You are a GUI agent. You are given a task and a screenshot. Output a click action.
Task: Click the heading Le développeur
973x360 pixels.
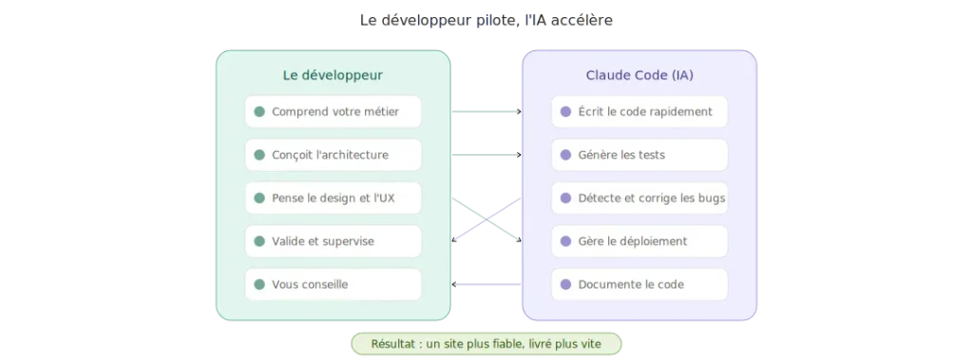pyautogui.click(x=333, y=75)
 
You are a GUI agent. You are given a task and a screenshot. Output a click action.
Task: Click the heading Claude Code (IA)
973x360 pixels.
pyautogui.click(x=639, y=75)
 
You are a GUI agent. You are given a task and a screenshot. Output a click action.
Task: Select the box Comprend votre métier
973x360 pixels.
pyautogui.click(x=333, y=111)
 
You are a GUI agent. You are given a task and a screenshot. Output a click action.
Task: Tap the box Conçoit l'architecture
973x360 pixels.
pyautogui.click(x=333, y=155)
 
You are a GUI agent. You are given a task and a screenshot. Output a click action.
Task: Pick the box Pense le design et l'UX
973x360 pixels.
pyautogui.click(x=333, y=199)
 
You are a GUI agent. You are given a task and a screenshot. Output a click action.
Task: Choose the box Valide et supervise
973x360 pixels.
pyautogui.click(x=333, y=241)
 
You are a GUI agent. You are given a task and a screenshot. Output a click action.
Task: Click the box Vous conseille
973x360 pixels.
pyautogui.click(x=333, y=284)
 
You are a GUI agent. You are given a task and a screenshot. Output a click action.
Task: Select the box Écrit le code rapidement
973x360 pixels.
pyautogui.click(x=639, y=111)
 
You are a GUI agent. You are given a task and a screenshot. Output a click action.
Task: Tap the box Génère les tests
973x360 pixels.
pyautogui.click(x=639, y=155)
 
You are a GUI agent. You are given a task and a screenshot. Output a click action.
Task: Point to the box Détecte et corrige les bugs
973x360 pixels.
pyautogui.click(x=639, y=199)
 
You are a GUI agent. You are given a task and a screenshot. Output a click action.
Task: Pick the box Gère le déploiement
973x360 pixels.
pyautogui.click(x=639, y=241)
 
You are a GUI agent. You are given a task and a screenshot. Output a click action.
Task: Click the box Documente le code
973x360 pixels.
pyautogui.click(x=639, y=284)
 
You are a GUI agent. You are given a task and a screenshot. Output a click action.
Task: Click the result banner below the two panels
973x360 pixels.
pyautogui.click(x=486, y=343)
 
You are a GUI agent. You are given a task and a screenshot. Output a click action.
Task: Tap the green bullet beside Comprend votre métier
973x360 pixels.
pyautogui.click(x=259, y=111)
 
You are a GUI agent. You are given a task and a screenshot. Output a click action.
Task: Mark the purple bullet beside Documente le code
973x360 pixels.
pyautogui.click(x=565, y=284)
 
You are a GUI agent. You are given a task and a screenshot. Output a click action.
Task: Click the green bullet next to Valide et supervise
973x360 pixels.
pyautogui.click(x=259, y=241)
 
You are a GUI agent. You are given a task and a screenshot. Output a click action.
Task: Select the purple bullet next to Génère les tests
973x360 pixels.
pyautogui.click(x=565, y=155)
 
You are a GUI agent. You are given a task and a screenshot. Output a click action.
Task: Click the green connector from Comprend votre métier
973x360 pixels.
pyautogui.click(x=486, y=111)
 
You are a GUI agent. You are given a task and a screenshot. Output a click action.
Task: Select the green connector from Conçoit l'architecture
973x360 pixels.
pyautogui.click(x=486, y=155)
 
